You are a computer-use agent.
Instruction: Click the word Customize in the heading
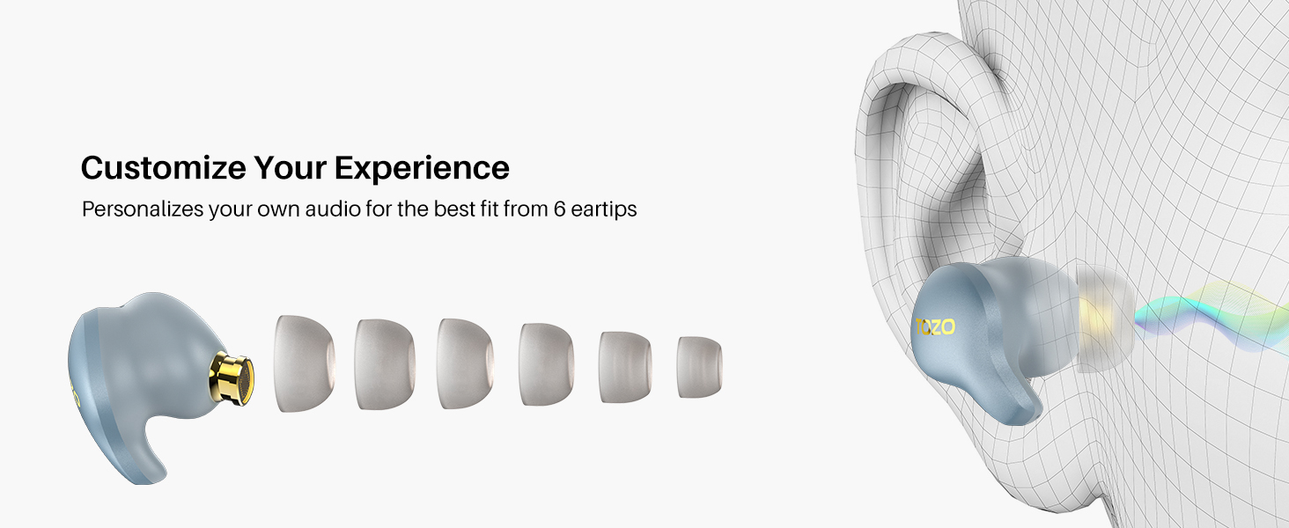point(164,168)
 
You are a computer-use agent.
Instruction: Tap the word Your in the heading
point(290,168)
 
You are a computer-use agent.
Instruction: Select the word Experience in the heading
point(422,169)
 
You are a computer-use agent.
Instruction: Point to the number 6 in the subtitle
point(559,209)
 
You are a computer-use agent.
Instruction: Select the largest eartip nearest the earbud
point(304,363)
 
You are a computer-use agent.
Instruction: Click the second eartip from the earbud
point(385,364)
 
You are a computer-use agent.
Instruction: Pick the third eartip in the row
point(465,363)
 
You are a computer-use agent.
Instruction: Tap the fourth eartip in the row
point(546,364)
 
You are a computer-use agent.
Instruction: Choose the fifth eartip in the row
point(625,366)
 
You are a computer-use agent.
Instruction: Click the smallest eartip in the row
point(699,367)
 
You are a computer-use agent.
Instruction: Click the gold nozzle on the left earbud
point(232,379)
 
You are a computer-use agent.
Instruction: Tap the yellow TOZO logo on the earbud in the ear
point(935,327)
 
